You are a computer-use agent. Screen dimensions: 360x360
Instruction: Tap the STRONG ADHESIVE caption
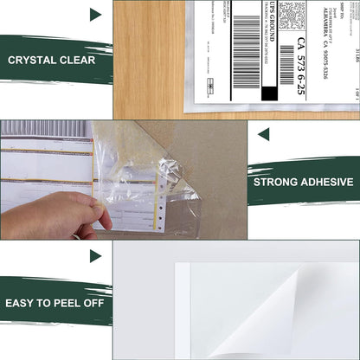point(303,182)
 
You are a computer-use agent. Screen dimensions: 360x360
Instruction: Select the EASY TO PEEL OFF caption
point(54,301)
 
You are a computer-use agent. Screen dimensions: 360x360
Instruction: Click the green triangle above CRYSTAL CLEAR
point(94,15)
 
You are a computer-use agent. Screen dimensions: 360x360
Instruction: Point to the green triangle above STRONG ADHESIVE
point(263,134)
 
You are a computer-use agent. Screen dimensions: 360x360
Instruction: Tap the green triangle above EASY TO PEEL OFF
point(94,255)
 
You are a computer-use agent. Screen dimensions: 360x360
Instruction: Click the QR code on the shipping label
point(292,15)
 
